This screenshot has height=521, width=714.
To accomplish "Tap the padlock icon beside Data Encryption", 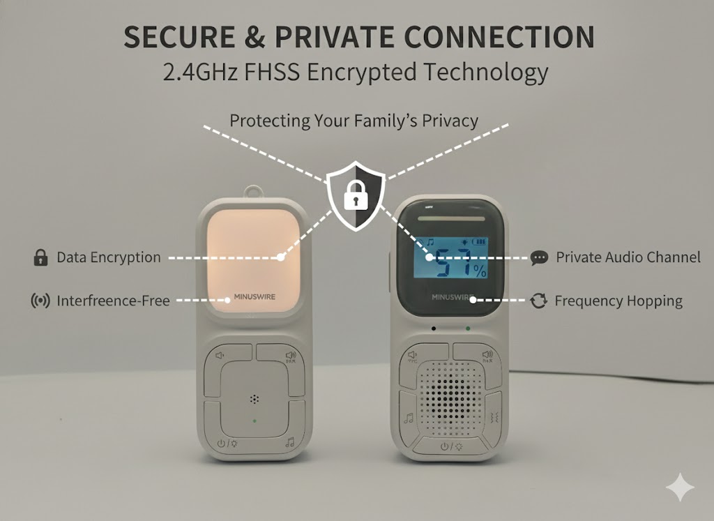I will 40,257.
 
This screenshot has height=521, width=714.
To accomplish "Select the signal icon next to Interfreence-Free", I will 40,301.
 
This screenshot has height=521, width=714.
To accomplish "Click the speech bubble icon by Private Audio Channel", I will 538,257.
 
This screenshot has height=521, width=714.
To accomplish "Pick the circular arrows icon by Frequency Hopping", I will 538,301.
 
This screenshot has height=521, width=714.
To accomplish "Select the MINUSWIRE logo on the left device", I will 256,296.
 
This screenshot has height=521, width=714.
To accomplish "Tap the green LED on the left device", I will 255,421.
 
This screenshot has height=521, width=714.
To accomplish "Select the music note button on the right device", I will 409,418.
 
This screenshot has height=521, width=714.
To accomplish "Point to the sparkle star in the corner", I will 679,488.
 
